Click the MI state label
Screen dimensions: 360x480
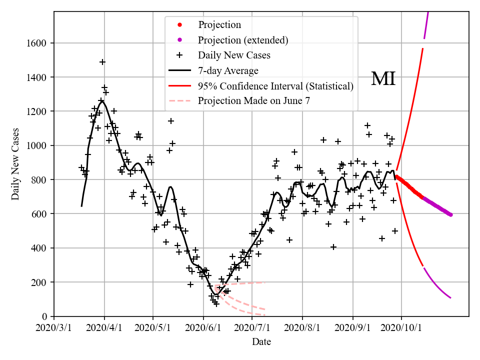pyautogui.click(x=383, y=79)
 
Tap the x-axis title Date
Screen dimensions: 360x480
pyautogui.click(x=261, y=342)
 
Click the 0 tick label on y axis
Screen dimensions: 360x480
pyautogui.click(x=45, y=316)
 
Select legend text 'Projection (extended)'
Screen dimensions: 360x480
pyautogui.click(x=243, y=40)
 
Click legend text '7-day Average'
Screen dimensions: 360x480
pyautogui.click(x=228, y=70)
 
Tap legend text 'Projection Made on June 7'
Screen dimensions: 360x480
pyautogui.click(x=254, y=101)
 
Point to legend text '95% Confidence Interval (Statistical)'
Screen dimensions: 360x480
pyautogui.click(x=275, y=86)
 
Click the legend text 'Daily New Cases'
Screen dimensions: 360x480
pyautogui.click(x=234, y=55)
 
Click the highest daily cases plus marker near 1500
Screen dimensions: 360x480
pyautogui.click(x=102, y=62)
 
